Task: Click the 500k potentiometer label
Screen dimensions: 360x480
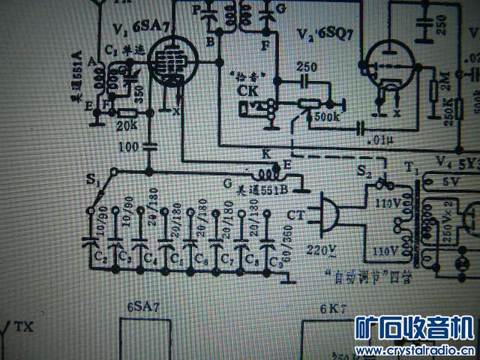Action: pyautogui.click(x=325, y=118)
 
